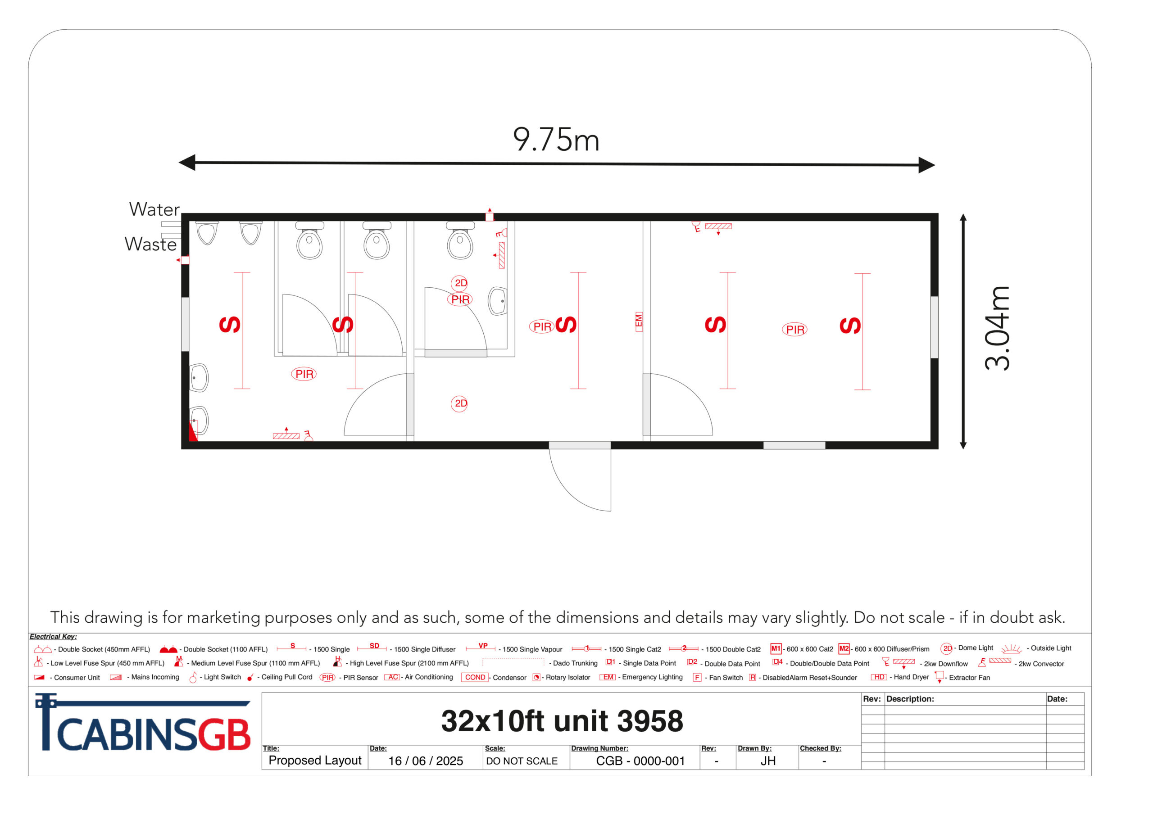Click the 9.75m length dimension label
[x=556, y=139]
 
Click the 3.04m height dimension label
[x=997, y=328]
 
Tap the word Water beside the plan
[x=154, y=209]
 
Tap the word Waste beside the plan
[x=150, y=244]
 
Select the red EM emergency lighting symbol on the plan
[x=639, y=321]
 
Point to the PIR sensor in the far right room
[x=795, y=330]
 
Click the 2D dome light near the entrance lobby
[x=459, y=403]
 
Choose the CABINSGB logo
[x=143, y=723]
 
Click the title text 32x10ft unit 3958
[x=562, y=721]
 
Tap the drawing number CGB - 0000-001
[x=640, y=761]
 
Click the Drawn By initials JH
[x=768, y=761]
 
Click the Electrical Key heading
[x=53, y=637]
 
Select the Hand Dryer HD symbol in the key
[x=879, y=677]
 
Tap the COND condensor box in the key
[x=475, y=677]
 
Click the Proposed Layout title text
[x=315, y=761]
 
